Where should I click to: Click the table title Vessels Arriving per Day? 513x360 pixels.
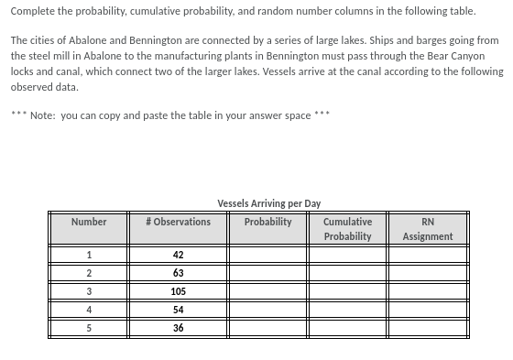click(269, 203)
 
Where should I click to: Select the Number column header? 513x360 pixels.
click(89, 222)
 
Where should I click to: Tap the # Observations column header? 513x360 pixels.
click(178, 222)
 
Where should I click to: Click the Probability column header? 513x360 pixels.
click(268, 222)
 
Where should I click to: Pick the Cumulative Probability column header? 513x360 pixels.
click(347, 229)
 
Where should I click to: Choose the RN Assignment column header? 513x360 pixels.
click(428, 229)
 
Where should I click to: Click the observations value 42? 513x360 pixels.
click(178, 256)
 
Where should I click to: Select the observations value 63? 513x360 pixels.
click(178, 274)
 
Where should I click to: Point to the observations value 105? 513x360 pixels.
click(178, 291)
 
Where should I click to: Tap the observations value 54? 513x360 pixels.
click(178, 310)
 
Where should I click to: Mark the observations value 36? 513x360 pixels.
click(178, 328)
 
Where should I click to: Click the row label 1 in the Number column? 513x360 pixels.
click(89, 256)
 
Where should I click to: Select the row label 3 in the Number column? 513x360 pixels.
click(89, 291)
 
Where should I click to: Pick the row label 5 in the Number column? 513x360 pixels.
click(89, 328)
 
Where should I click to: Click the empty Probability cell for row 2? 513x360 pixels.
click(268, 274)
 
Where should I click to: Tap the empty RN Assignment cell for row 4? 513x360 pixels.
click(428, 310)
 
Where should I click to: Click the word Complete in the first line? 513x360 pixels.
click(32, 11)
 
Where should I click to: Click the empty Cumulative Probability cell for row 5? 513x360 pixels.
click(347, 328)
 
